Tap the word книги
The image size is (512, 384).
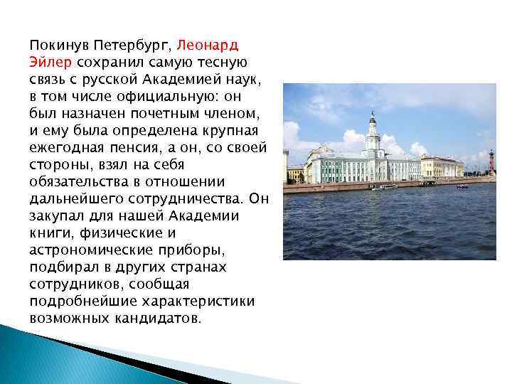tap(49, 233)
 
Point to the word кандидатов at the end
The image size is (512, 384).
tap(158, 318)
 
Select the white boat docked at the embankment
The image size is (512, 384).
tap(383, 187)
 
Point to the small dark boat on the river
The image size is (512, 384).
tap(462, 186)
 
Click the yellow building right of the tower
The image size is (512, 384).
tap(441, 166)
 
